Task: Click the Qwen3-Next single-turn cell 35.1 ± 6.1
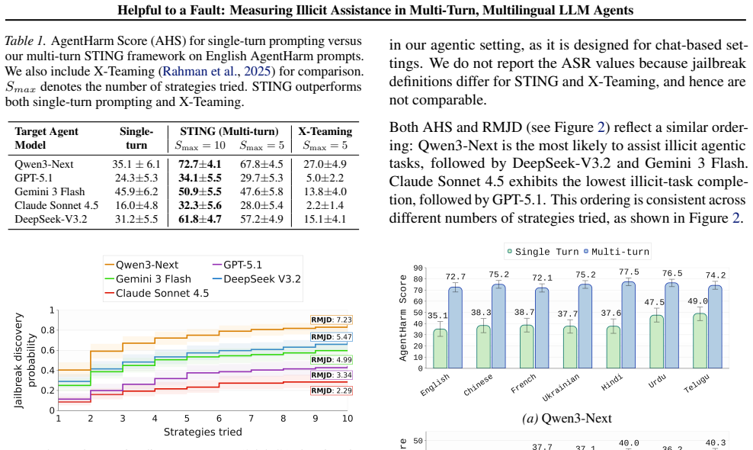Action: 136,165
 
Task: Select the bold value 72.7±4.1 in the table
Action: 200,165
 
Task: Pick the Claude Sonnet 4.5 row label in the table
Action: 56,206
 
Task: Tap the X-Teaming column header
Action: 325,132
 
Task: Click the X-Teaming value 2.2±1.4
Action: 325,206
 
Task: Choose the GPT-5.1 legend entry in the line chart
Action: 237,265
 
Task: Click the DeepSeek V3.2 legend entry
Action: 256,279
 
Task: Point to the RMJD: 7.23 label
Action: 332,320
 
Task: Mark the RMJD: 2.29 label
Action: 332,391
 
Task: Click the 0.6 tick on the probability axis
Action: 48,350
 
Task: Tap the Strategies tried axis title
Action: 203,432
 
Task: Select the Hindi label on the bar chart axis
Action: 611,383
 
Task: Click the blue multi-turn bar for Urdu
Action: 672,326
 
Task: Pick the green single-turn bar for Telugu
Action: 700,341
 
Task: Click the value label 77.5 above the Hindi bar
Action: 629,272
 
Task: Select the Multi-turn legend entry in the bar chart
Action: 617,252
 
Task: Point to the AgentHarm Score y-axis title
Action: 403,318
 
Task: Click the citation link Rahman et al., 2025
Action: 216,71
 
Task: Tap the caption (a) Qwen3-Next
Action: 567,418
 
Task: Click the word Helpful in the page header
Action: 139,10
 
